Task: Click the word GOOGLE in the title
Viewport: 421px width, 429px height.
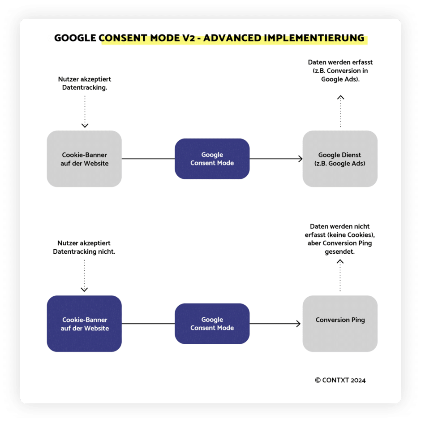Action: point(75,38)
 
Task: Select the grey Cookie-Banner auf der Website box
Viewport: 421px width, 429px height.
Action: point(84,159)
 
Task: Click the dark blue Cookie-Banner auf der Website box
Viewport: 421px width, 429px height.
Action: point(84,324)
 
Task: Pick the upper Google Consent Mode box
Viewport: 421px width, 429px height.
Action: point(212,159)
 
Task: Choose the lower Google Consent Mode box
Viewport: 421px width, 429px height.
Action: point(212,324)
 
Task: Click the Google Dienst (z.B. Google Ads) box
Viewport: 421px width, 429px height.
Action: point(340,159)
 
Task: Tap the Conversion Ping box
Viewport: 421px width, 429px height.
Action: point(340,324)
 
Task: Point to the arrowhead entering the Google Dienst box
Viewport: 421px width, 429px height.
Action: point(301,159)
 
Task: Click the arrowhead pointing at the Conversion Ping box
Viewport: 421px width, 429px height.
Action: point(299,324)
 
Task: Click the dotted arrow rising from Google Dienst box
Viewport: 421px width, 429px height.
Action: point(341,111)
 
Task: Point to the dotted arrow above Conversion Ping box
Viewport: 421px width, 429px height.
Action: point(340,275)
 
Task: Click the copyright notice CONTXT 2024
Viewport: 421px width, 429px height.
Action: point(340,380)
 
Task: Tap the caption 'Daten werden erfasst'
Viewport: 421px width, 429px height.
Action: point(340,62)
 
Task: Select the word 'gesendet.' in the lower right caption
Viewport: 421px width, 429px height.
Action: point(340,252)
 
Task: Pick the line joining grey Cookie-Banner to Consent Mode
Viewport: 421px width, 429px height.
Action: point(148,159)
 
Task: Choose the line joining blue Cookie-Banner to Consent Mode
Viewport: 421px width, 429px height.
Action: point(148,324)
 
